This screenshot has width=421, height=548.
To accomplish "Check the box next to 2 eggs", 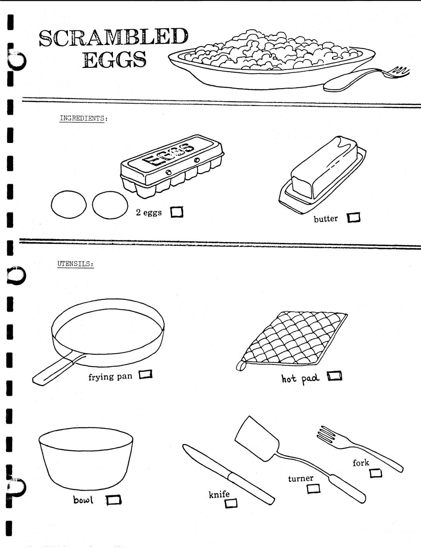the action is (177, 212).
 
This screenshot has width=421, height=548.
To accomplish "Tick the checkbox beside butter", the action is (353, 217).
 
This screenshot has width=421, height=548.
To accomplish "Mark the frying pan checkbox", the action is (146, 374).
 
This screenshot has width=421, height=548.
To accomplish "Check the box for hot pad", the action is (335, 376).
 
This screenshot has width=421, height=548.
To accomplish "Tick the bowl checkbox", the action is (114, 500).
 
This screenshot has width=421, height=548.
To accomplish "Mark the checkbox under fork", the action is (376, 473).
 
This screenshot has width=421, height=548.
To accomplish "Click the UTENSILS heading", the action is (76, 264).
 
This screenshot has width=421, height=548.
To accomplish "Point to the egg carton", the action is (173, 166).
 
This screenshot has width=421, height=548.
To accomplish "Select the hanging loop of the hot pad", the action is (241, 365).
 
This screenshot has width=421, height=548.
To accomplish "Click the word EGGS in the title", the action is (115, 60).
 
